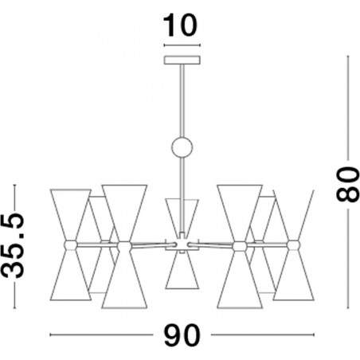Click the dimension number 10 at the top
pyautogui.click(x=180, y=25)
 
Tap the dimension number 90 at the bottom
pyautogui.click(x=182, y=335)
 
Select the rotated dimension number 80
pyautogui.click(x=347, y=184)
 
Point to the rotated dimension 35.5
pyautogui.click(x=13, y=245)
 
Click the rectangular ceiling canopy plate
pyautogui.click(x=182, y=60)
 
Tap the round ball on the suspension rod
pyautogui.click(x=182, y=147)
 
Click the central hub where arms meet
pyautogui.click(x=182, y=245)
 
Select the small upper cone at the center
pyautogui.click(x=182, y=216)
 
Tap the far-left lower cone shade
pyautogui.click(x=71, y=276)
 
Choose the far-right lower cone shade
pyautogui.click(x=294, y=276)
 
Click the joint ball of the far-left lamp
pyautogui.click(x=71, y=245)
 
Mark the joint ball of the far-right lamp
pyautogui.click(x=294, y=245)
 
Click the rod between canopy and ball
pyautogui.click(x=182, y=101)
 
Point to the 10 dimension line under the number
pyautogui.click(x=182, y=45)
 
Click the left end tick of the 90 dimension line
pyautogui.click(x=50, y=335)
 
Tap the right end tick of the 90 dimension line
pyautogui.click(x=314, y=335)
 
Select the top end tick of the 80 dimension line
pyautogui.click(x=348, y=56)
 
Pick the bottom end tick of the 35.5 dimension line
pyautogui.click(x=14, y=308)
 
